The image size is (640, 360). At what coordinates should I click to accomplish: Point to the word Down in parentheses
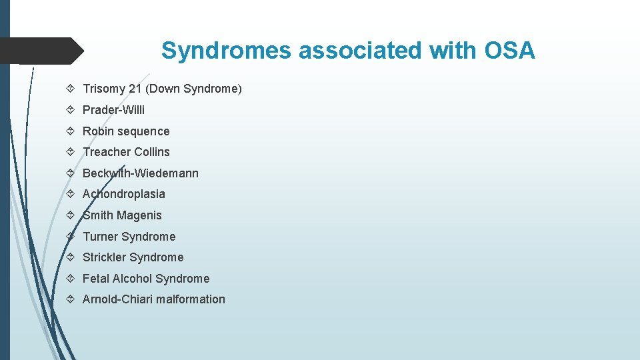(165, 89)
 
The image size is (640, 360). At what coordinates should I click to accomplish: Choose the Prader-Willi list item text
(113, 110)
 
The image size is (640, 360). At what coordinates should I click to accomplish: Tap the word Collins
(149, 152)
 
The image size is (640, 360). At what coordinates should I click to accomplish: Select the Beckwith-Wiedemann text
(140, 173)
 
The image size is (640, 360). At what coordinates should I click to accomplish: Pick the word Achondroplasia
(123, 194)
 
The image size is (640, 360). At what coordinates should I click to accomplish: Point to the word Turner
(101, 237)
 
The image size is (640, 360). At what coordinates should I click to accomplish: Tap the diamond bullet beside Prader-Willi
(71, 110)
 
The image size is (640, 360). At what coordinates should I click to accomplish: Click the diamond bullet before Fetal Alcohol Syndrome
(71, 279)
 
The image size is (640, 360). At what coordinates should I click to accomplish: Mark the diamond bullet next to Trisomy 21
(71, 89)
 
